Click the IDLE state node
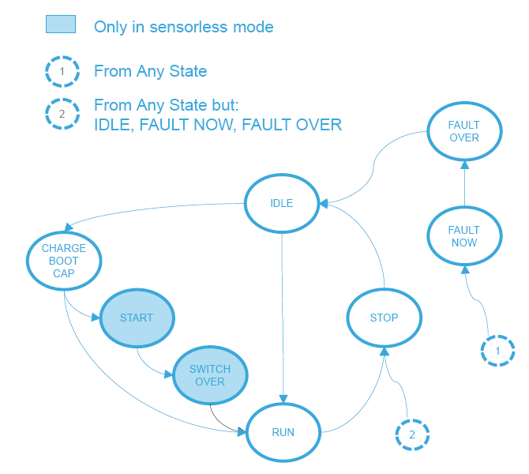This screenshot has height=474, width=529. (282, 203)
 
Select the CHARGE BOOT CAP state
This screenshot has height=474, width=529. (63, 261)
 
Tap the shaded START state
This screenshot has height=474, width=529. (137, 318)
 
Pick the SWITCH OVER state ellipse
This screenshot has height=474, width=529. (210, 375)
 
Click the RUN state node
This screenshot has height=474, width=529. (283, 432)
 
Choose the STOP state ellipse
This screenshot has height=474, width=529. (384, 318)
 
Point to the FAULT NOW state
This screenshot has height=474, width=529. (464, 236)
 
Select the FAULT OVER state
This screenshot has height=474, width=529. (464, 131)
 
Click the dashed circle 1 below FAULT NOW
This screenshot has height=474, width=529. (497, 348)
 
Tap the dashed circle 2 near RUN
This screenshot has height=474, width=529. (411, 434)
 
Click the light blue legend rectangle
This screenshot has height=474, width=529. (61, 24)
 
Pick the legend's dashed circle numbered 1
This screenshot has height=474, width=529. (62, 72)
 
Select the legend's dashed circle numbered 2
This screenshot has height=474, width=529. (62, 115)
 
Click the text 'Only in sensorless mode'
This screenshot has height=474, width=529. (184, 27)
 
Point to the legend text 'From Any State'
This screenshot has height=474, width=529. (150, 72)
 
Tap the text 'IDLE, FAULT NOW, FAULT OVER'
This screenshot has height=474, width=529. (218, 125)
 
